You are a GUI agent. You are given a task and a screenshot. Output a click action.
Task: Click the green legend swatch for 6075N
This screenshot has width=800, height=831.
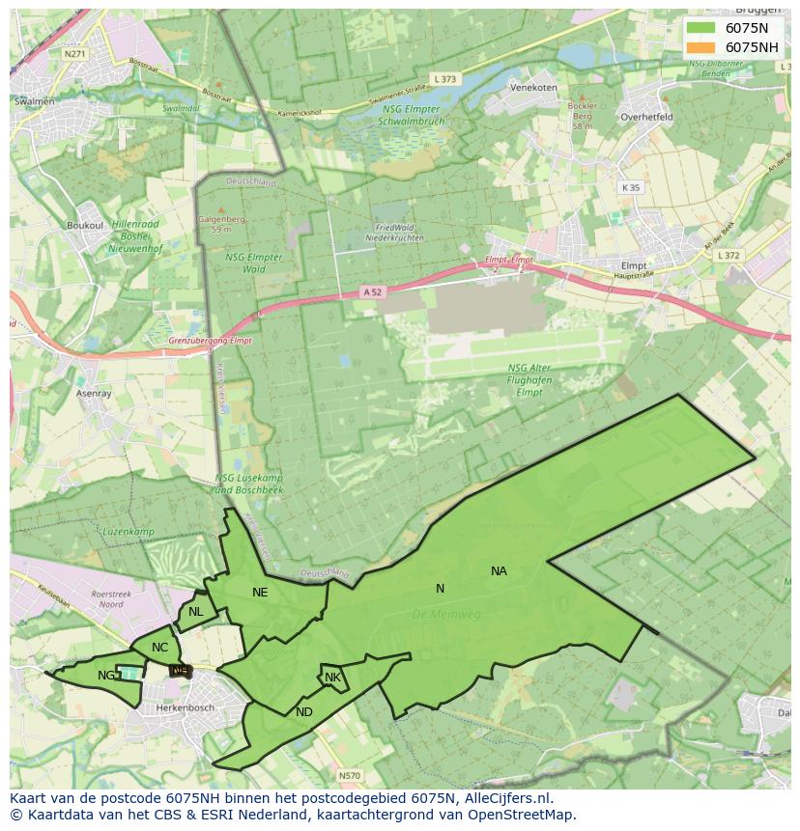[701, 28]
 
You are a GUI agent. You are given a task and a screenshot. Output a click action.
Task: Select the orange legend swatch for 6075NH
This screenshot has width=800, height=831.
[701, 47]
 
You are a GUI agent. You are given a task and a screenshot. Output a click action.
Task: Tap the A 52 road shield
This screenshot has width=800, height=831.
[372, 291]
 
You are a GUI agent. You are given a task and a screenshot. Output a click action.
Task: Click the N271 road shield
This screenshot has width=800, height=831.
[74, 54]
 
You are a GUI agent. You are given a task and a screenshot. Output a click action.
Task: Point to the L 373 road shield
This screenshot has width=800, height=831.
[445, 79]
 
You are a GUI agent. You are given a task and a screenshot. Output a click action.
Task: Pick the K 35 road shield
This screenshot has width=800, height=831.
[631, 187]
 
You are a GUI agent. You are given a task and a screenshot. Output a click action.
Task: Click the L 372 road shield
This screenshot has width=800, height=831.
[729, 256]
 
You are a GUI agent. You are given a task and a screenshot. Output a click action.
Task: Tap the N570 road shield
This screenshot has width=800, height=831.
[350, 775]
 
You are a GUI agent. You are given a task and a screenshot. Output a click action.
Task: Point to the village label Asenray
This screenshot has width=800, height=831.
[95, 394]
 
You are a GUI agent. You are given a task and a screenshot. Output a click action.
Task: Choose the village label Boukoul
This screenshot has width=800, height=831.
[85, 225]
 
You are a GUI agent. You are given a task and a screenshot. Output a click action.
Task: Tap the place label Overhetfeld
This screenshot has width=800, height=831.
[647, 116]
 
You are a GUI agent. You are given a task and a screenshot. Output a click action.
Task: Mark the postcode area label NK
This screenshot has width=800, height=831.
[332, 678]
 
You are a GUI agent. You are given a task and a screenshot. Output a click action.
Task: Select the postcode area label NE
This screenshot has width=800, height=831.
[260, 593]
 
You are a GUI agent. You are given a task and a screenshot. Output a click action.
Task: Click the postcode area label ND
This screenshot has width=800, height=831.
[304, 712]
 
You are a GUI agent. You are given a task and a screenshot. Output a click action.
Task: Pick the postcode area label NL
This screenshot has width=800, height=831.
[196, 611]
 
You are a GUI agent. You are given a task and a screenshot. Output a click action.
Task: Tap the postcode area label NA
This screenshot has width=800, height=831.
[499, 571]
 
